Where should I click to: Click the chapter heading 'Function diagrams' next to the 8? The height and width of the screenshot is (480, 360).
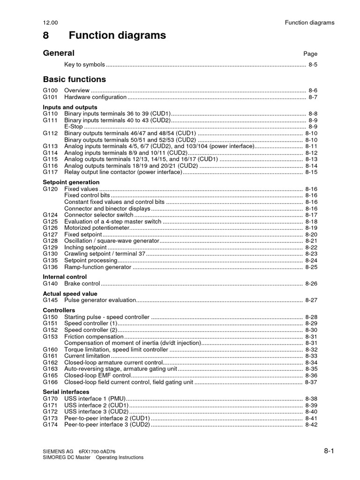point(117,35)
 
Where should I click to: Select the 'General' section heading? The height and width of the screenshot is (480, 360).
point(59,53)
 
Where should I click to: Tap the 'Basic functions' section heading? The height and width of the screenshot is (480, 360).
point(75,79)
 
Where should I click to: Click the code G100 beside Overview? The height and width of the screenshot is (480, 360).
point(50,90)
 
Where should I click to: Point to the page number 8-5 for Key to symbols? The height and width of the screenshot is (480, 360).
point(313,65)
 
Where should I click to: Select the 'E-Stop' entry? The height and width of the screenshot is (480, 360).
point(74,127)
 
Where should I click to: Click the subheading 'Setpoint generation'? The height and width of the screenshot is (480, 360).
point(71,182)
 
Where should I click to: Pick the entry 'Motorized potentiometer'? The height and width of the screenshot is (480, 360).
point(97,228)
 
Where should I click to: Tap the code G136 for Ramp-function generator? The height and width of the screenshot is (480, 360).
point(50,267)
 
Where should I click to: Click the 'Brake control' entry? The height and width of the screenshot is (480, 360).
point(82,284)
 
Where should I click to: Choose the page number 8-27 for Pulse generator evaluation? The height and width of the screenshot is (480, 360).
point(311,300)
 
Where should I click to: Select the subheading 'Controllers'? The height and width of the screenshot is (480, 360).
point(59,310)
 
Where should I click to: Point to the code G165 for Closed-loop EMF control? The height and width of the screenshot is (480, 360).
point(50,375)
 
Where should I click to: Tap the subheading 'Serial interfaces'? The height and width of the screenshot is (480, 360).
point(66,391)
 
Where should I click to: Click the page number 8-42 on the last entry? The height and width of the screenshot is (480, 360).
point(311,425)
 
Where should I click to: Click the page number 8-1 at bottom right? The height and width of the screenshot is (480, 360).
point(329,451)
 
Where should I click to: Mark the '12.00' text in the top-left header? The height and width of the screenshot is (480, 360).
point(50,22)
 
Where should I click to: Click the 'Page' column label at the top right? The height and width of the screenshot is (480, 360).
point(310,54)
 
